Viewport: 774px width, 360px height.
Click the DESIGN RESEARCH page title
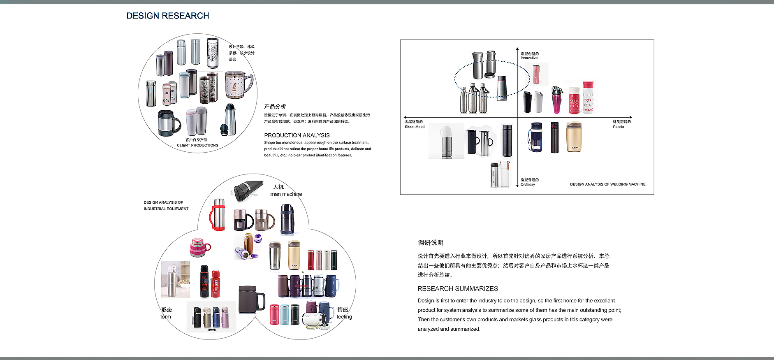pyautogui.click(x=168, y=16)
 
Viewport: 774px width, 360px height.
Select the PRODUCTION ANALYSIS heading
pyautogui.click(x=297, y=135)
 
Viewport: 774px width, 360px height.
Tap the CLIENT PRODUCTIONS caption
pyautogui.click(x=197, y=145)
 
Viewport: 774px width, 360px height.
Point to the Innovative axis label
pyautogui.click(x=529, y=58)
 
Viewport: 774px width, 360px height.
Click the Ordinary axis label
pyautogui.click(x=528, y=185)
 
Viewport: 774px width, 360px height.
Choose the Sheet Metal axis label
pyautogui.click(x=414, y=127)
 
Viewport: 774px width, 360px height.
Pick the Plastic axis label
pyautogui.click(x=618, y=127)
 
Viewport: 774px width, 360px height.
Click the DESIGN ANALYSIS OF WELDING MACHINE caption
pyautogui.click(x=607, y=184)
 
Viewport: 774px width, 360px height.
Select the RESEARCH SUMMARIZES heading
pyautogui.click(x=457, y=288)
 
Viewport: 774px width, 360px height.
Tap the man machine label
pyautogui.click(x=286, y=194)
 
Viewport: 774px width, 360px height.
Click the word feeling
pyautogui.click(x=344, y=317)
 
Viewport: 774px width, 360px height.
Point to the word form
pyautogui.click(x=165, y=317)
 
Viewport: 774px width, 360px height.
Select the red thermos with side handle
pyautogui.click(x=218, y=214)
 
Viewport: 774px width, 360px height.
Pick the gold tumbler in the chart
pyautogui.click(x=574, y=137)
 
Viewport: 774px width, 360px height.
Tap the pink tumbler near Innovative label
pyautogui.click(x=537, y=74)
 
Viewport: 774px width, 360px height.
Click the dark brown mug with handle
pyautogui.click(x=250, y=299)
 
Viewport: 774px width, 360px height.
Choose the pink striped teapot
pyautogui.click(x=199, y=247)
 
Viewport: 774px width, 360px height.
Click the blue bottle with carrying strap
pyautogui.click(x=535, y=137)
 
